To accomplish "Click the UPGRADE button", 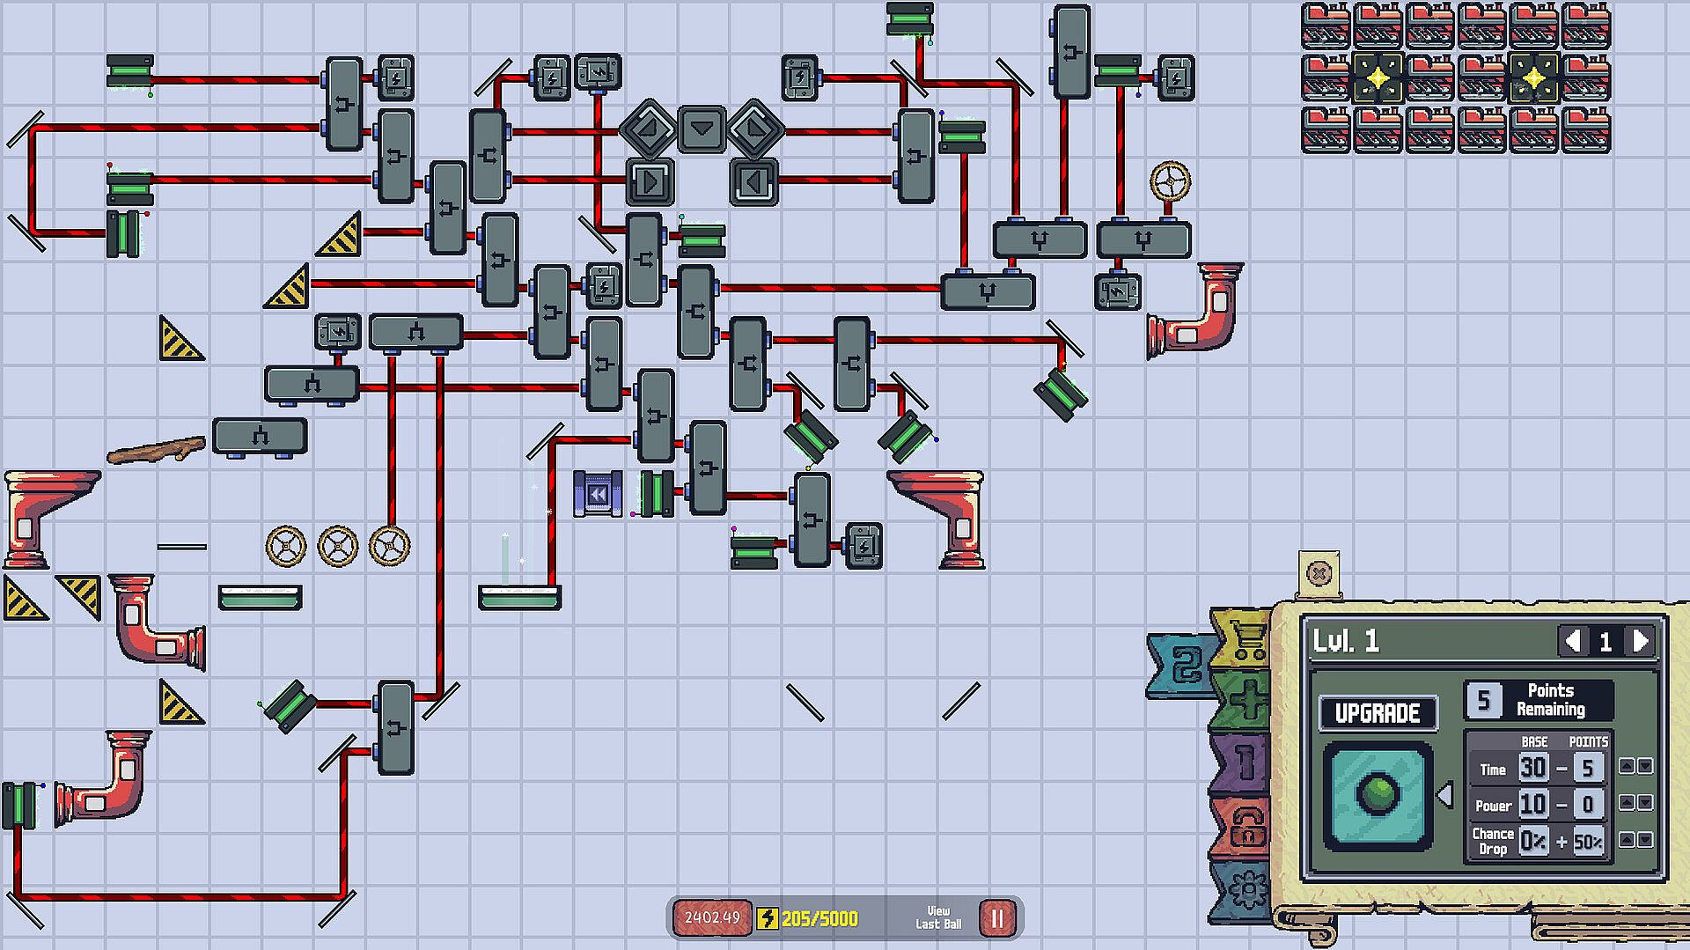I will coord(1378,712).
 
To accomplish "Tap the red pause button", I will coord(997,918).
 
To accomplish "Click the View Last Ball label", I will coord(938,917).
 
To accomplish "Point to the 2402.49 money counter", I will coord(712,917).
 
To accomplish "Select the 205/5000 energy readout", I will coord(819,919).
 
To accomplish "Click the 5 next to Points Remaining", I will coord(1484,700).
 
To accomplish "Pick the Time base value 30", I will coord(1532,768).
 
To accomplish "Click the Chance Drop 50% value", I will coord(1588,842).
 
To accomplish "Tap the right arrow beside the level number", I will coord(1641,641).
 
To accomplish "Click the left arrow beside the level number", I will coord(1573,641).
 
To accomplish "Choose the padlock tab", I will coord(1245,828).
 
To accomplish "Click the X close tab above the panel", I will coord(1319,574).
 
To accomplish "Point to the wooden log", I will coord(157,450).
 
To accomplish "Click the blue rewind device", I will coord(598,494).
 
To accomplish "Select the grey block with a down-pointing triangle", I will coord(702,129).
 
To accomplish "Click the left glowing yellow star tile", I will coord(1378,78).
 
